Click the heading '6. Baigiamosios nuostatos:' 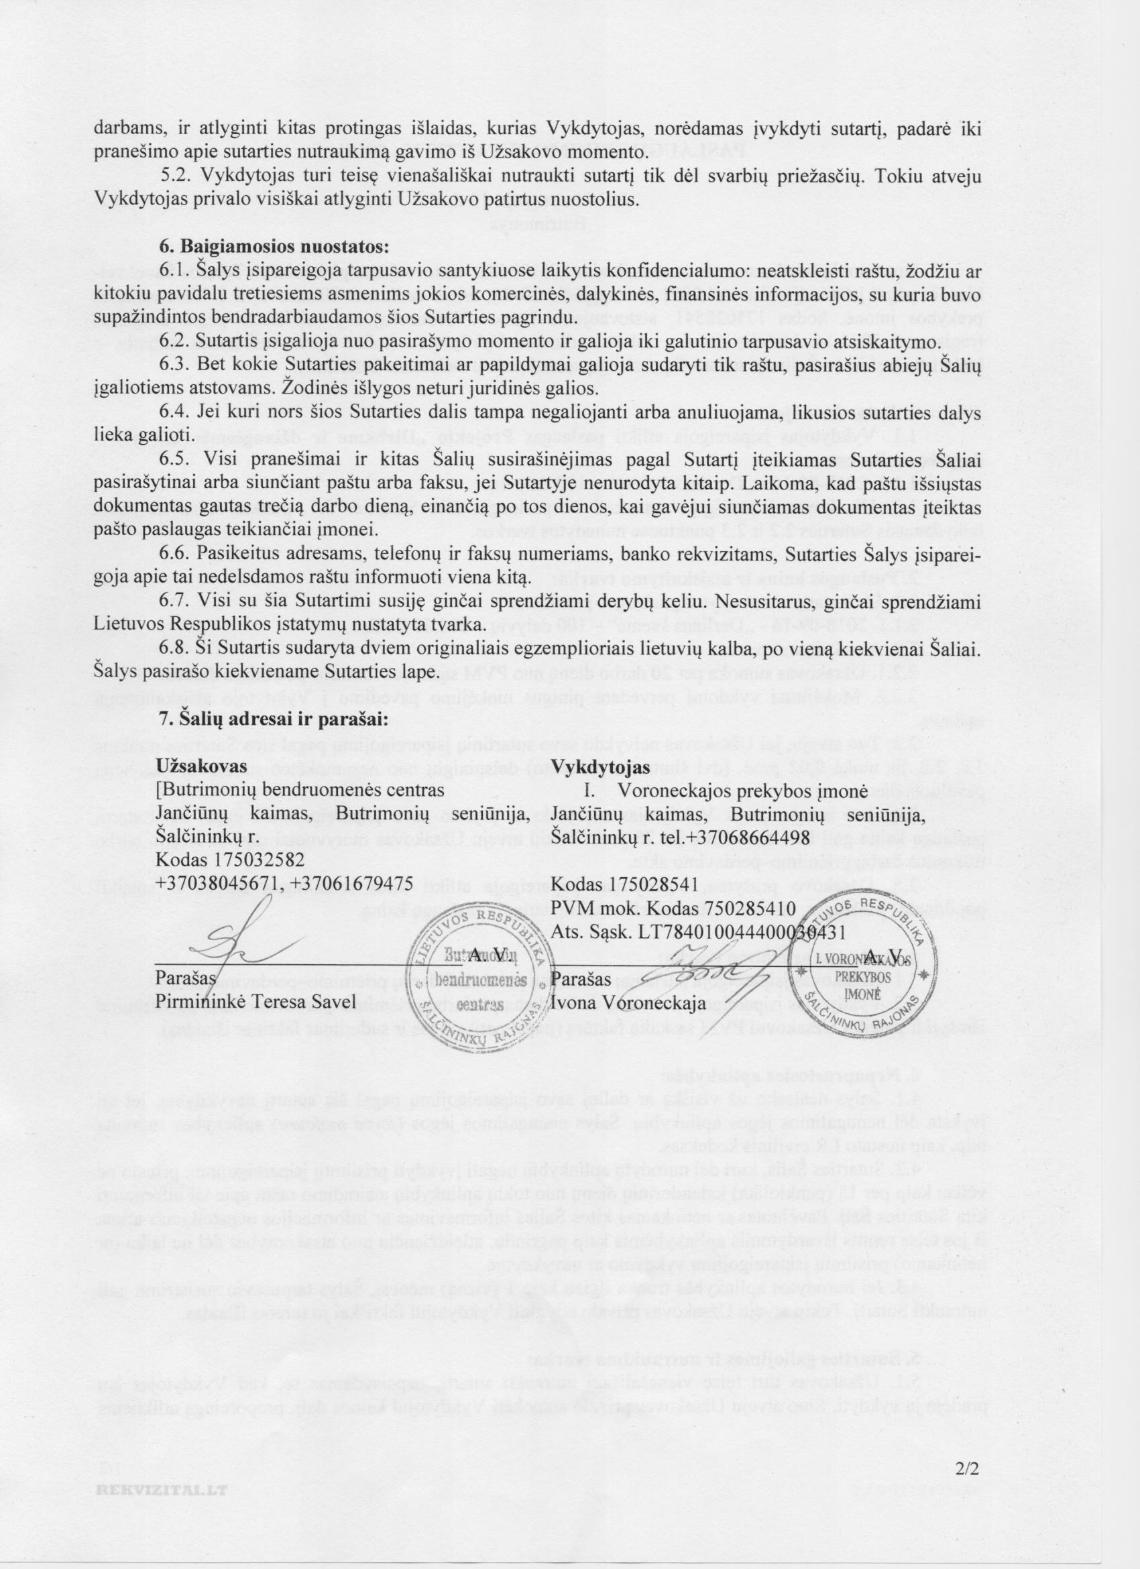(276, 246)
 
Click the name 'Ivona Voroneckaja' (628, 1002)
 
